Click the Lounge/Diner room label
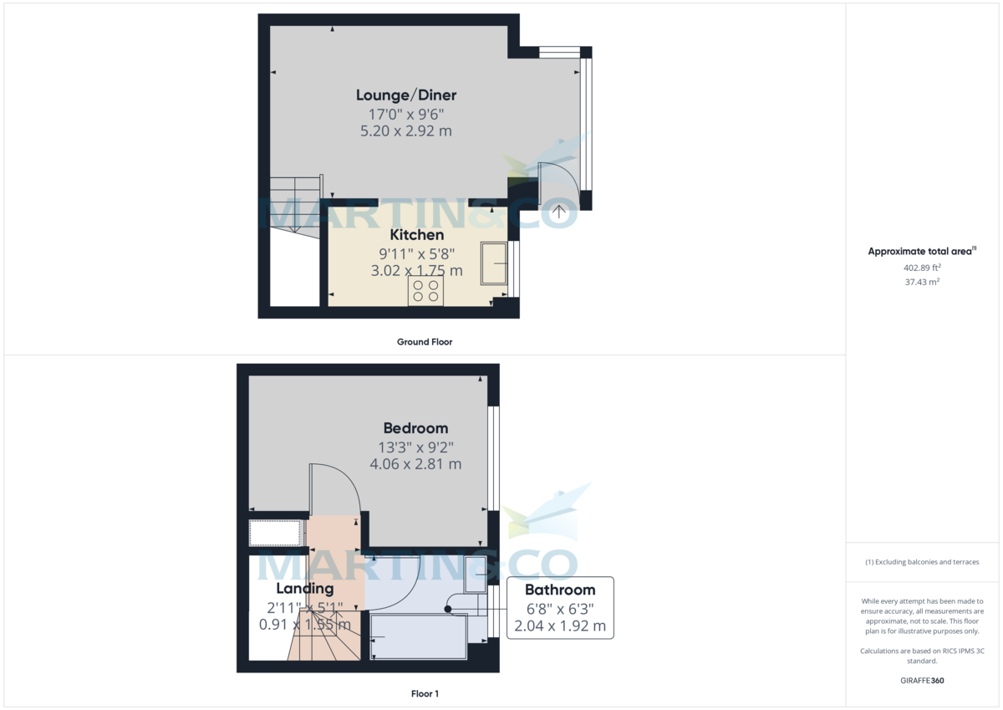(x=406, y=95)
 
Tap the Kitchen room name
(x=417, y=235)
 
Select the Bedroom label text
(x=415, y=428)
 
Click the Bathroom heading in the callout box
(x=560, y=590)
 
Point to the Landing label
(x=305, y=589)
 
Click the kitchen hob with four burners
(x=425, y=291)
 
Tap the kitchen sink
(x=494, y=263)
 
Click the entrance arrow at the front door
(x=559, y=212)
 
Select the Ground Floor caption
(x=425, y=342)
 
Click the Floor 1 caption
(x=425, y=694)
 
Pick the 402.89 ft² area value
(x=922, y=268)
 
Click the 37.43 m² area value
(x=922, y=282)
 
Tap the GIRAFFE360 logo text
(x=922, y=681)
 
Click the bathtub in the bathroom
(x=419, y=637)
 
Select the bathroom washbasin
(x=476, y=575)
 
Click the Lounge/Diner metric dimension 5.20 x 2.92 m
(x=406, y=130)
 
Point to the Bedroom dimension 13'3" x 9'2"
(x=415, y=447)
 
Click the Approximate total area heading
(x=922, y=251)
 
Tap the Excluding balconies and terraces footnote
(x=922, y=562)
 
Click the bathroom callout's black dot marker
(x=447, y=609)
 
